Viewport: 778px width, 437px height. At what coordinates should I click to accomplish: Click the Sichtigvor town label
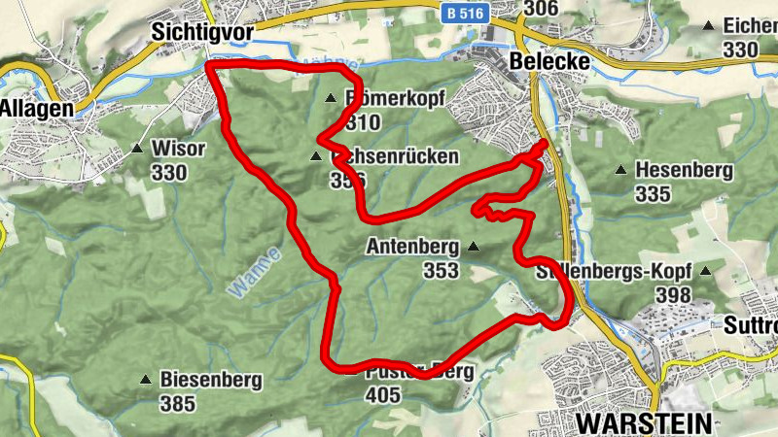[x=202, y=32]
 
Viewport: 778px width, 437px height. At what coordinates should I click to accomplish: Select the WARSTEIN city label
[x=644, y=422]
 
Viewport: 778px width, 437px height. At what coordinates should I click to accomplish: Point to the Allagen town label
[x=37, y=109]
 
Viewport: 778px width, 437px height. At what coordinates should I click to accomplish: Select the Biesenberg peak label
[x=211, y=380]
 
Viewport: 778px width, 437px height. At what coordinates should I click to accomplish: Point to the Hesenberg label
[x=684, y=170]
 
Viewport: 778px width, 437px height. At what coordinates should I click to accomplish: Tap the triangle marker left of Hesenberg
[x=620, y=170]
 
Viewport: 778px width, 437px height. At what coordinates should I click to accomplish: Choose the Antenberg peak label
[x=412, y=248]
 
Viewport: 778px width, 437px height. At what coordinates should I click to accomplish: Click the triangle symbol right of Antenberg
[x=474, y=248]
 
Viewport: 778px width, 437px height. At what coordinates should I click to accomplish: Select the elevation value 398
[x=674, y=294]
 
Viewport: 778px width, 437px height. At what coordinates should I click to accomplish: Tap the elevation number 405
[x=384, y=394]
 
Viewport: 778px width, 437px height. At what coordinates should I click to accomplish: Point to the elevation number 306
[x=541, y=10]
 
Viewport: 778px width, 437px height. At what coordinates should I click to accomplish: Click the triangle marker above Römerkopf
[x=331, y=98]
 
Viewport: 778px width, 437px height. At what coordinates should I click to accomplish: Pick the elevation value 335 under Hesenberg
[x=653, y=194]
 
